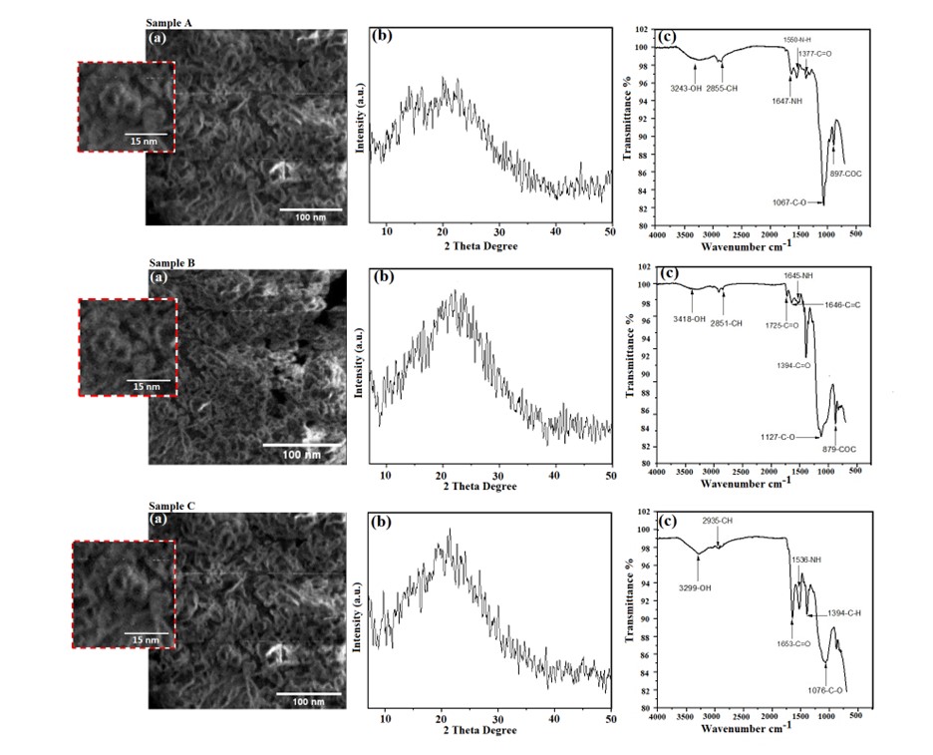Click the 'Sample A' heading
[168, 21]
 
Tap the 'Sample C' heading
[168, 506]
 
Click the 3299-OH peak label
[697, 588]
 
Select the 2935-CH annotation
[718, 522]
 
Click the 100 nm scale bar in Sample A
[310, 210]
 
